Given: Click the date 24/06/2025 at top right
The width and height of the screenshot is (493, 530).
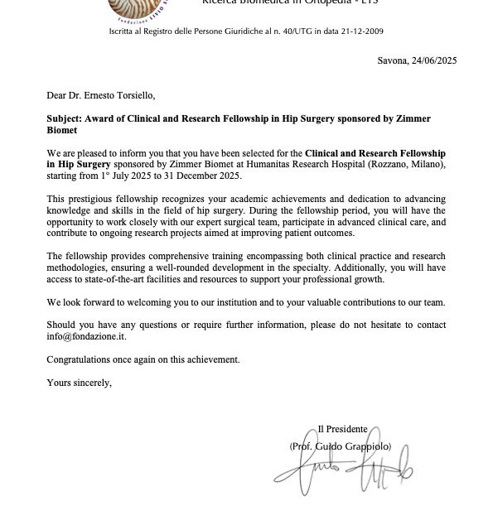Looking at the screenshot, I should pos(433,60).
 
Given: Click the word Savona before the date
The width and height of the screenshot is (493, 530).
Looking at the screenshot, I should pos(391,60).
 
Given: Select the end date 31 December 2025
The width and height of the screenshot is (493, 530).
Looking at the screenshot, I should pos(206,176).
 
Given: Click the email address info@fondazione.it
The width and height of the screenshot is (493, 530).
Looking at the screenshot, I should pos(85,337).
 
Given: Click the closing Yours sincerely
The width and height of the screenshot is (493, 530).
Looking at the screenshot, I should pos(79,382).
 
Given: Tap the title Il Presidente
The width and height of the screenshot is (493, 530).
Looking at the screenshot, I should pos(342,428).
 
